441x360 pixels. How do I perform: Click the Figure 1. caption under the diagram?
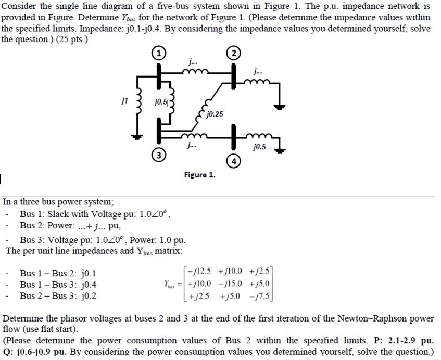coord(199,175)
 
